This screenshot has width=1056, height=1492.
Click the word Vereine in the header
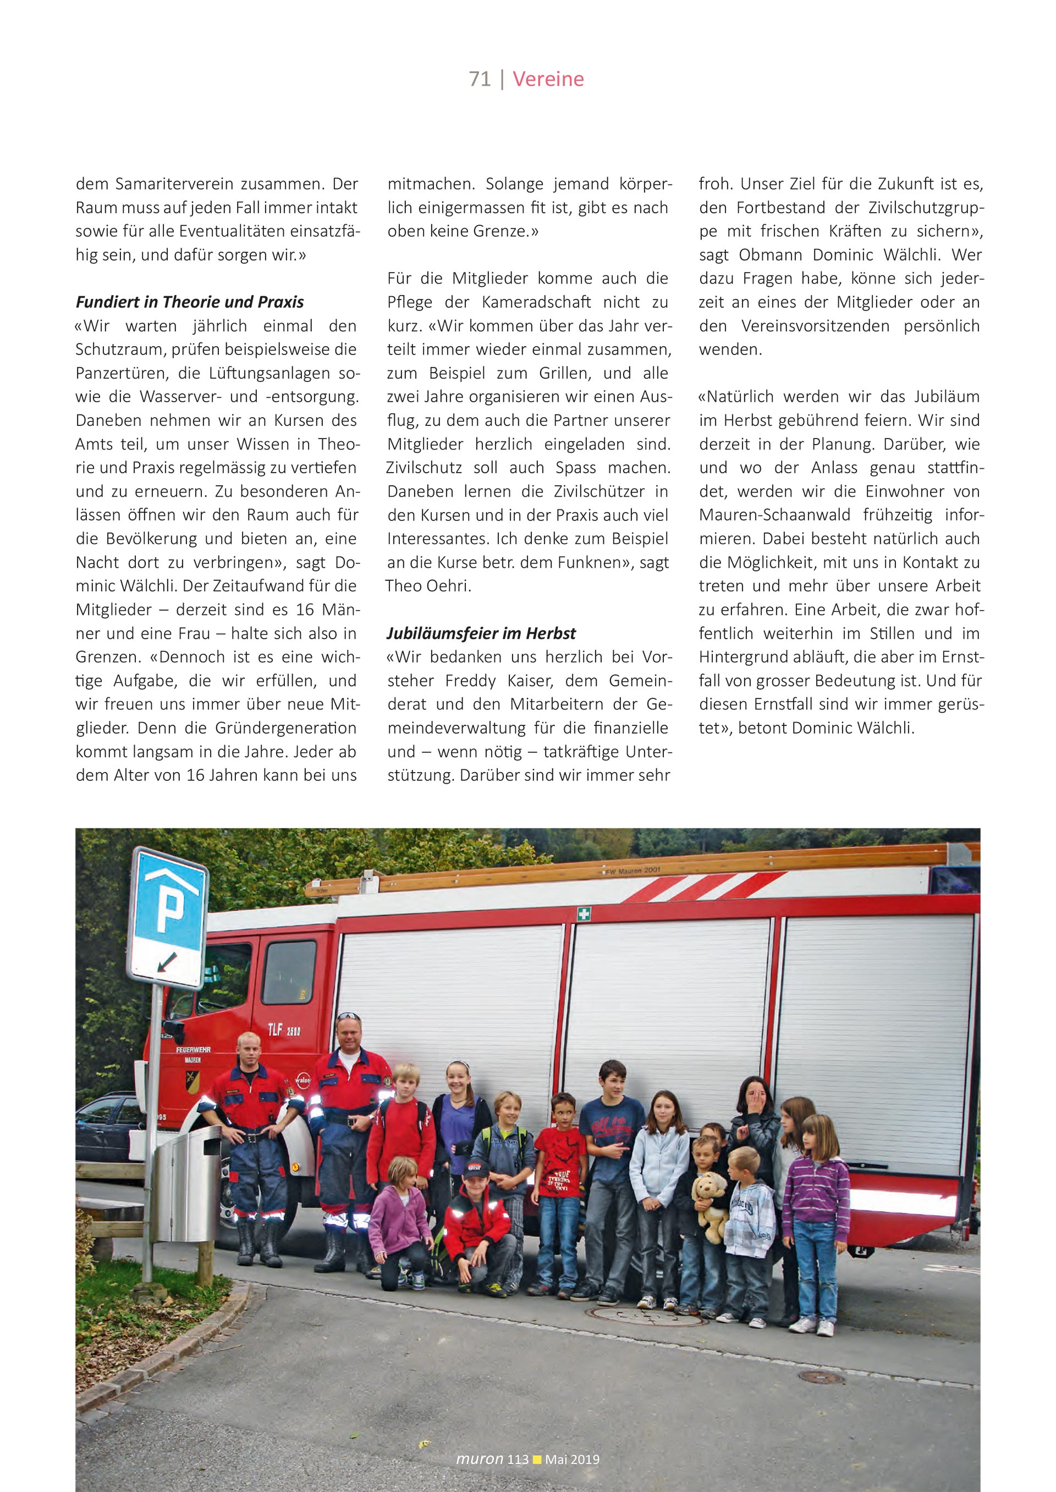tap(548, 79)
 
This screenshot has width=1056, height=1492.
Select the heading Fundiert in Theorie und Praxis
tap(190, 302)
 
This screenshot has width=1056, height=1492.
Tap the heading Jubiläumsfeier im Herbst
tap(481, 633)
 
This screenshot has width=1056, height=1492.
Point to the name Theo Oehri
tap(428, 586)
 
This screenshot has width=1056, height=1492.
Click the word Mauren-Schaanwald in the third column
tap(774, 515)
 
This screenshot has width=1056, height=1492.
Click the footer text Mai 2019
tap(572, 1460)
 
